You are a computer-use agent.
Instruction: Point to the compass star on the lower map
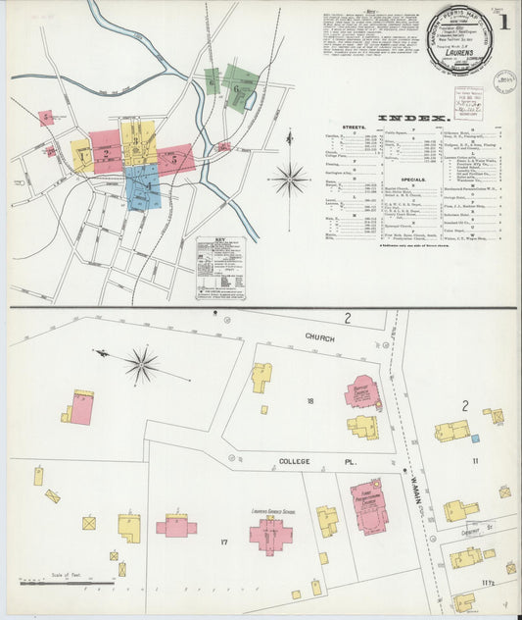pyautogui.click(x=141, y=366)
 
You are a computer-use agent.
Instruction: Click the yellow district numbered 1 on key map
pyautogui.click(x=81, y=154)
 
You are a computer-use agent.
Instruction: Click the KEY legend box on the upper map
pyautogui.click(x=219, y=267)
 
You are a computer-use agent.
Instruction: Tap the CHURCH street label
pyautogui.click(x=318, y=337)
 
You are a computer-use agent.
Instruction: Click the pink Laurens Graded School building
pyautogui.click(x=270, y=536)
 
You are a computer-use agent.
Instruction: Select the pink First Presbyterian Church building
pyautogui.click(x=369, y=506)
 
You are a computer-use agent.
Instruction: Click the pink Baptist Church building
pyautogui.click(x=360, y=390)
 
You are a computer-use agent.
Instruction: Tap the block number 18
pyautogui.click(x=310, y=401)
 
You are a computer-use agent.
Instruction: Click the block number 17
pyautogui.click(x=224, y=542)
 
